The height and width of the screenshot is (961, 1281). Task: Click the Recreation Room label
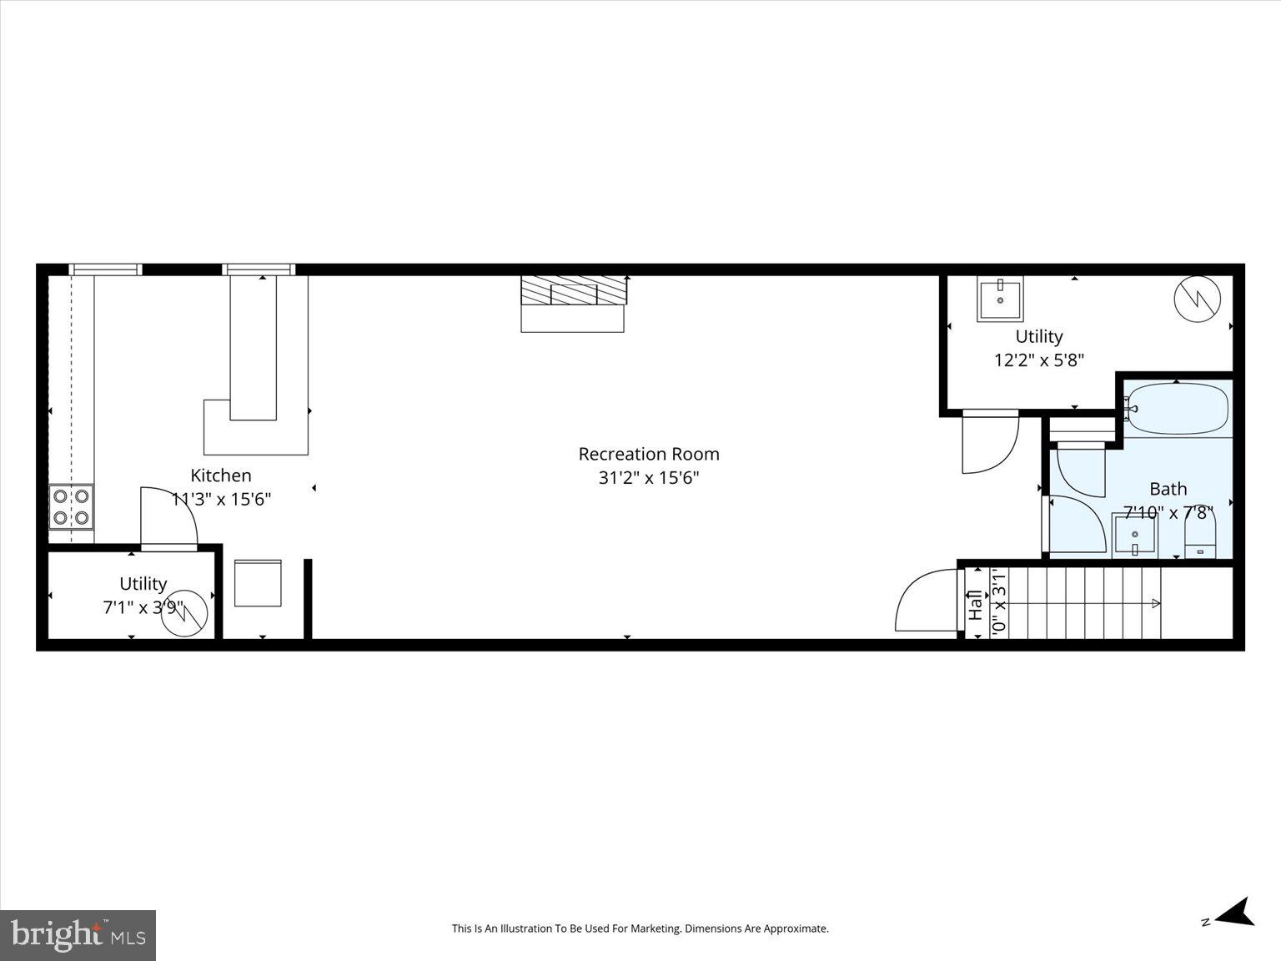[649, 454]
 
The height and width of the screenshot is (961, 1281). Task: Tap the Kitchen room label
[221, 475]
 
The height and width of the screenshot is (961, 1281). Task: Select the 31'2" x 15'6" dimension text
[649, 478]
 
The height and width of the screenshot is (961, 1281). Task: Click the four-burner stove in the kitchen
[71, 507]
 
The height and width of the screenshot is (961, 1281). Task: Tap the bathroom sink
[1134, 535]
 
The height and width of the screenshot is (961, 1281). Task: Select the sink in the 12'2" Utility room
[1000, 299]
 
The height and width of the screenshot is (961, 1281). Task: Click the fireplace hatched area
[573, 290]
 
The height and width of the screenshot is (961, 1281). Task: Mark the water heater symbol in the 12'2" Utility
[1197, 299]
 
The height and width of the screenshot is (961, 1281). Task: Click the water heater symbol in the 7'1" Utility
[184, 613]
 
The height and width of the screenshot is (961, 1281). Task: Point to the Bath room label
[1168, 489]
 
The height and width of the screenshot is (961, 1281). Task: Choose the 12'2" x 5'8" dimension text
[1038, 360]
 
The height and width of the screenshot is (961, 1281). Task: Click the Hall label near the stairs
[974, 605]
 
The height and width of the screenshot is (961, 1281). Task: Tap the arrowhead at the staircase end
[1156, 603]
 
